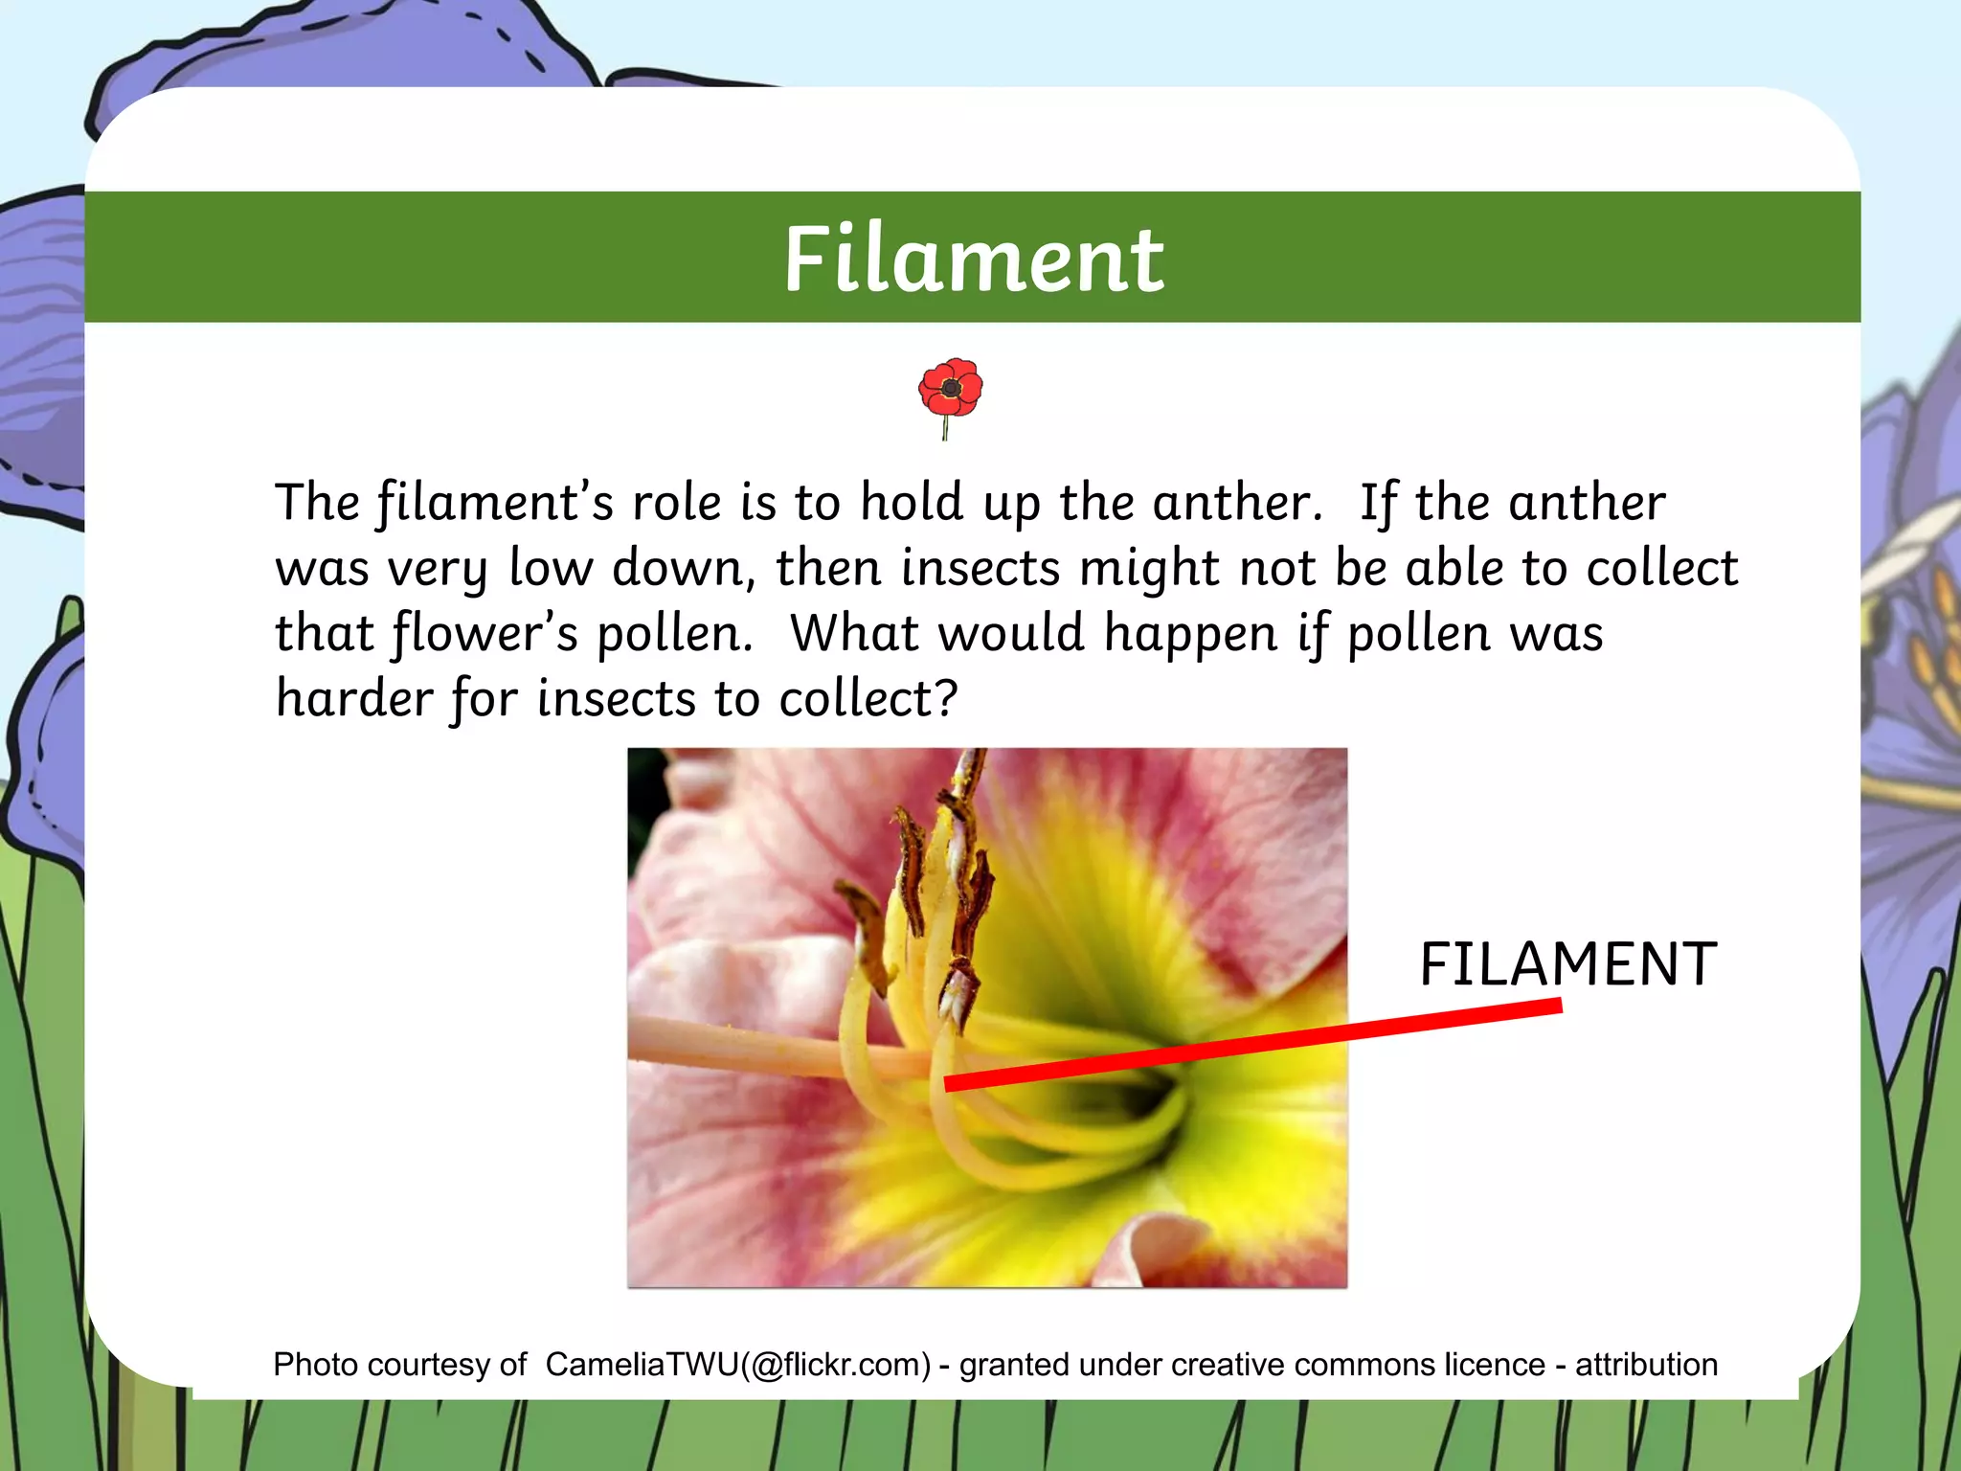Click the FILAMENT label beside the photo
point(1567,964)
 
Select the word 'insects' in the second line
point(980,568)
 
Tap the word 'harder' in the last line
point(354,698)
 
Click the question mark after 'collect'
point(946,698)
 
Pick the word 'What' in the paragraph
point(855,633)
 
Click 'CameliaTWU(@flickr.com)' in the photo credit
point(738,1365)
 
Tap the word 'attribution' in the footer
point(1646,1365)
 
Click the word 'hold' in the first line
point(912,503)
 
